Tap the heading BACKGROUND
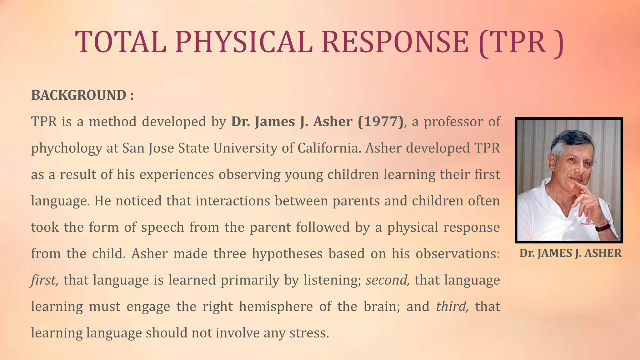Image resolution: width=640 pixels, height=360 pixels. tap(79, 95)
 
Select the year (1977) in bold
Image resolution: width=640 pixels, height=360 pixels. tap(381, 122)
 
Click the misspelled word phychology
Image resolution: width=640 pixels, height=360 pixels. tap(66, 148)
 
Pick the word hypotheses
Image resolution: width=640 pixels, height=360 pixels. tap(287, 253)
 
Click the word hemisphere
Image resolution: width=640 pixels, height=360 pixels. tap(276, 306)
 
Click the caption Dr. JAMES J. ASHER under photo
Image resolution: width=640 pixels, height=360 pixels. tap(570, 253)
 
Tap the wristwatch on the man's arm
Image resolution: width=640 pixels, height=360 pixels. tap(603, 227)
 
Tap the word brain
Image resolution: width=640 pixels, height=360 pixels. tap(382, 306)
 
